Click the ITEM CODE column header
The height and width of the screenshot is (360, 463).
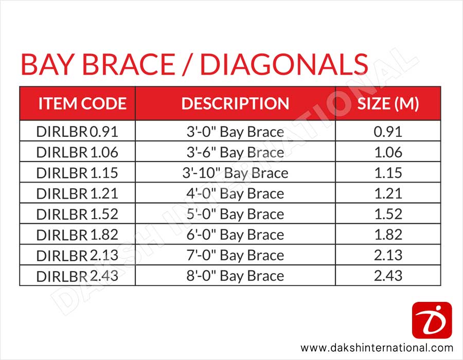tap(82, 103)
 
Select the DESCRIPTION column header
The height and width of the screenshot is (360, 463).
tap(235, 103)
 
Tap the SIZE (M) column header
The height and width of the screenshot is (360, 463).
tap(388, 104)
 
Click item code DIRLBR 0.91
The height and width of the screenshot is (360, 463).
tap(77, 132)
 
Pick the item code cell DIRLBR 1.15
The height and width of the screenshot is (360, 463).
tap(77, 173)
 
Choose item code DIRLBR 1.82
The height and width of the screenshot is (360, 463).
tap(77, 235)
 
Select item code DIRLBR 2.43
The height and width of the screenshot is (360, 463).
tap(77, 276)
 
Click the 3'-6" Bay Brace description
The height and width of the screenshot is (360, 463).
tap(235, 153)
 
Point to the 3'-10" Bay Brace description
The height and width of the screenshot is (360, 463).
tap(235, 173)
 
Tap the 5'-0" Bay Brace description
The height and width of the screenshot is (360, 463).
tap(235, 214)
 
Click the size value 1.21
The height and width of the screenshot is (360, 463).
tap(388, 193)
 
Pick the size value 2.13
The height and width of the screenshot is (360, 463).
tap(388, 255)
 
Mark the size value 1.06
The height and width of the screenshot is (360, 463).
tap(388, 152)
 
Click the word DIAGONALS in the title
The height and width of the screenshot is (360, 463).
tap(284, 64)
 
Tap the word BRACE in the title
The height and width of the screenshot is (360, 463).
tap(129, 64)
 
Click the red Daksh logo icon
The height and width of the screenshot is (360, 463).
tap(432, 320)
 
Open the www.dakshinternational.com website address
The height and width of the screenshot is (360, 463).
tap(377, 348)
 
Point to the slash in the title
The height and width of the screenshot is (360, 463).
tap(187, 64)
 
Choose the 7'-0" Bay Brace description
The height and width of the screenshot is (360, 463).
tap(235, 256)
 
